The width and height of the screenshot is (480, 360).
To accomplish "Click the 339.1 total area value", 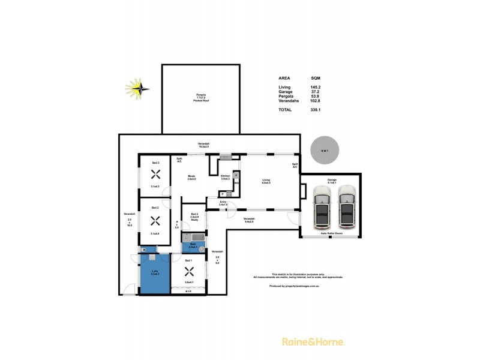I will [315, 110].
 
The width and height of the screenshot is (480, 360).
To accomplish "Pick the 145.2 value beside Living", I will [315, 87].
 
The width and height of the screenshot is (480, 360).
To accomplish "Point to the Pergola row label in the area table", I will [286, 97].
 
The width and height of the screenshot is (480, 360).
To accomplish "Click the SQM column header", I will [315, 78].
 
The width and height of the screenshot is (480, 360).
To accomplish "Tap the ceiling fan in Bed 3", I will [155, 175].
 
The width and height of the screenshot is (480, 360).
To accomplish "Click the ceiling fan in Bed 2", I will [155, 220].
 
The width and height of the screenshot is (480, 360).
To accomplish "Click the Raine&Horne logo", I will [313, 342].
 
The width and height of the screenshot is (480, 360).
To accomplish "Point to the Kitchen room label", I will [226, 177].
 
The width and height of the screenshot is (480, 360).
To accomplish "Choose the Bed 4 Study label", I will [194, 217].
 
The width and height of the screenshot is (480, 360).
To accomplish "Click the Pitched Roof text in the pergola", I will [200, 101].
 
